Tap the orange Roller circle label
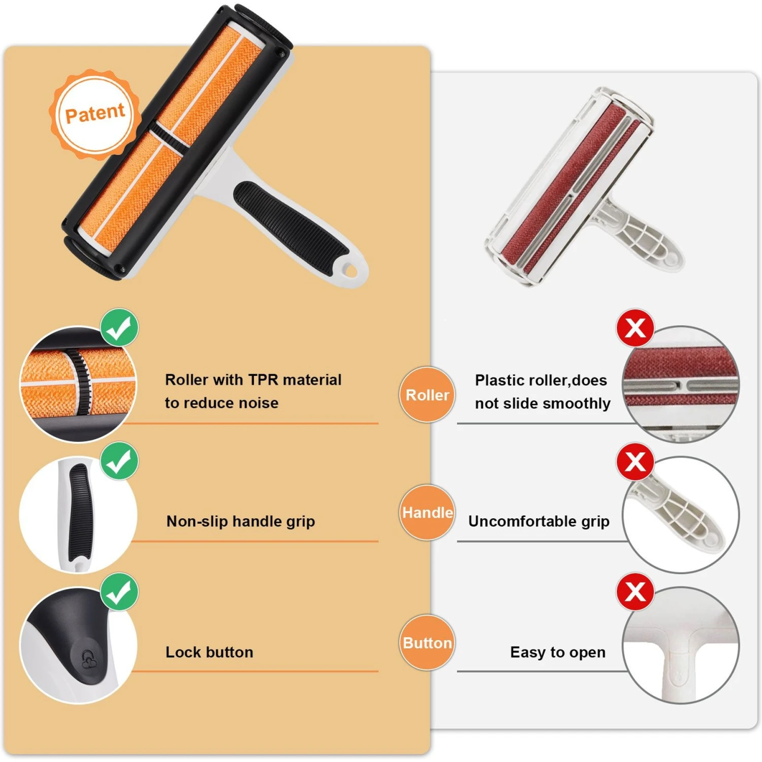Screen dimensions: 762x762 (427, 394)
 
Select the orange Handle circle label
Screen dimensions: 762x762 (427, 512)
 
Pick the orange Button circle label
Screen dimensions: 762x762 (427, 643)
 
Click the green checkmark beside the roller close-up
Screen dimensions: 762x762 (119, 328)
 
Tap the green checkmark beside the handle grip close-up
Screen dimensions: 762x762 (119, 461)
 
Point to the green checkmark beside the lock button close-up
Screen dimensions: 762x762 (119, 592)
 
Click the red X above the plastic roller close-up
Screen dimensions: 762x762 (635, 328)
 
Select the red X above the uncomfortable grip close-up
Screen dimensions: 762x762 (635, 461)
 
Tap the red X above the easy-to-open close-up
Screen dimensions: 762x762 (635, 592)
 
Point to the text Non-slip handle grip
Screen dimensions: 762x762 (241, 521)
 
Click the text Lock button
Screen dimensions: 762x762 (209, 652)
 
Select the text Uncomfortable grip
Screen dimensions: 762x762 (539, 521)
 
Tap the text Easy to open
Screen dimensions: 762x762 (558, 652)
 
